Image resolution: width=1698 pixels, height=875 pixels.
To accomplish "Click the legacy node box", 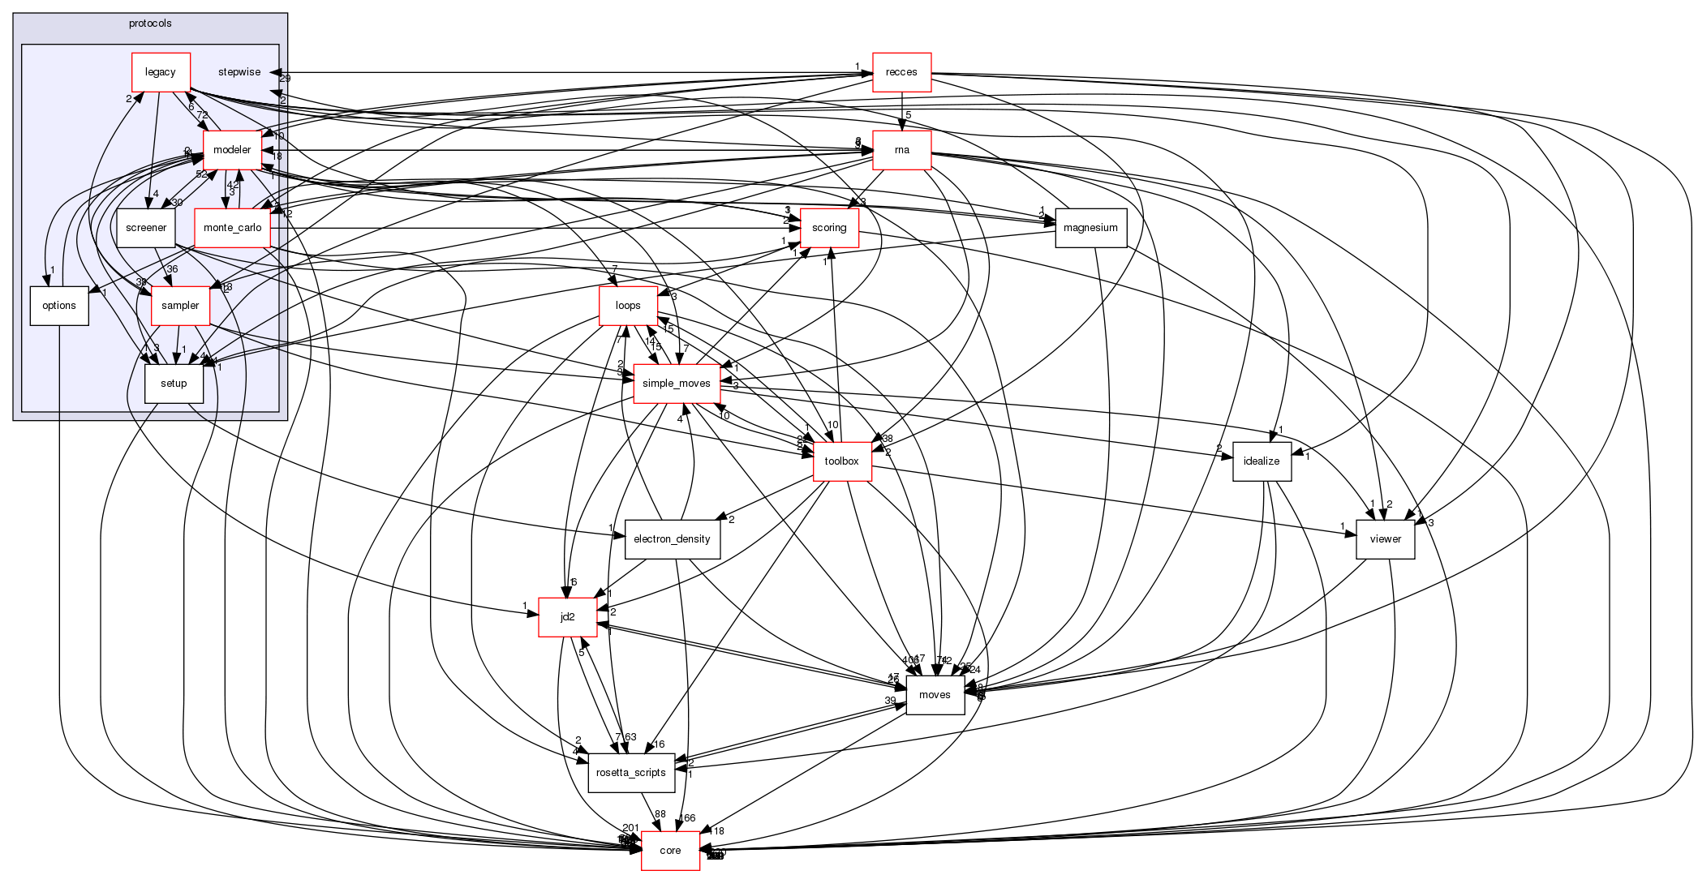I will [161, 72].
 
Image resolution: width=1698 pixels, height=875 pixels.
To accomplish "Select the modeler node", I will [232, 150].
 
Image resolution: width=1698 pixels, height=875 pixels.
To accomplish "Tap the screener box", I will [146, 228].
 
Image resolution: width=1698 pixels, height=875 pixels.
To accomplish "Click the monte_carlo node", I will [233, 228].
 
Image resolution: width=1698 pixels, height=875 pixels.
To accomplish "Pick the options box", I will [59, 306].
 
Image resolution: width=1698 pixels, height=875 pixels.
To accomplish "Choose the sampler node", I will [180, 306].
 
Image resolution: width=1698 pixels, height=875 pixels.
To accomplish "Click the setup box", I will [174, 384].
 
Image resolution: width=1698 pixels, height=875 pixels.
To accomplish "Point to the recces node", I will [901, 72].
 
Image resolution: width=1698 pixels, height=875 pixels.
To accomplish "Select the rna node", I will [901, 150].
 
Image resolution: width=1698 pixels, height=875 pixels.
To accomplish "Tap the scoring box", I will [829, 228].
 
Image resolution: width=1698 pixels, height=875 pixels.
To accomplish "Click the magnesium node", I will [1090, 228].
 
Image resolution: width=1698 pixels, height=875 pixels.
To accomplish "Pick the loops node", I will [628, 306].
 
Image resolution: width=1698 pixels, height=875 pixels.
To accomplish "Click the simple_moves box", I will [676, 384].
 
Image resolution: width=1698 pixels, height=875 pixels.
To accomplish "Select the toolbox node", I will [841, 461].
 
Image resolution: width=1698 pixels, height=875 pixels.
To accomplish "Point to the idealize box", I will [1262, 461].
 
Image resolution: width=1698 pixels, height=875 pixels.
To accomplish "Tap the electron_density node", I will [672, 539].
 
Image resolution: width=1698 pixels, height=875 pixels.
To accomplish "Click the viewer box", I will [1385, 539].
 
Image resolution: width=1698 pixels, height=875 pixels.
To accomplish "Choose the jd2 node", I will [568, 617].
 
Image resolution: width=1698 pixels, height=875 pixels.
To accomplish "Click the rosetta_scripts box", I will [630, 773].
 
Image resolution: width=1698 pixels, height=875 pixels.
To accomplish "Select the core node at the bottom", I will [670, 851].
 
